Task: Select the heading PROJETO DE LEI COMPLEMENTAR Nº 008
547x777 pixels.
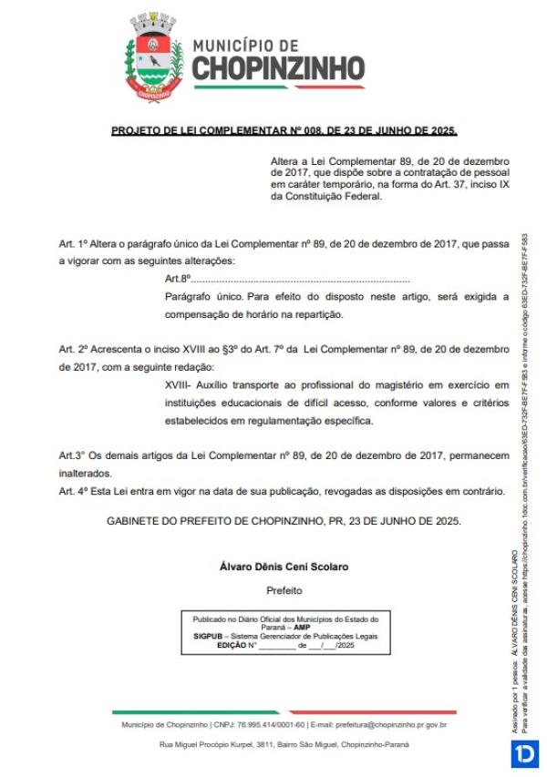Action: coord(284,131)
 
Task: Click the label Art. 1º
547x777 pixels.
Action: coord(73,245)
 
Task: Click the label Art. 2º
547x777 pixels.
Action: coord(73,350)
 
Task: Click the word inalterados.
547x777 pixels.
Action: coord(86,473)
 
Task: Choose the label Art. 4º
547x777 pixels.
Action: coord(73,490)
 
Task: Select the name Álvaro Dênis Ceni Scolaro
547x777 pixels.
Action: coord(284,567)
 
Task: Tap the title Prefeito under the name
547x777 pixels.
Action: coord(284,590)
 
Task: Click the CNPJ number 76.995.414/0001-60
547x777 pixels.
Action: coord(269,724)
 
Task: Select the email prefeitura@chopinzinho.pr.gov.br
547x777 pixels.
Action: coord(386,724)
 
